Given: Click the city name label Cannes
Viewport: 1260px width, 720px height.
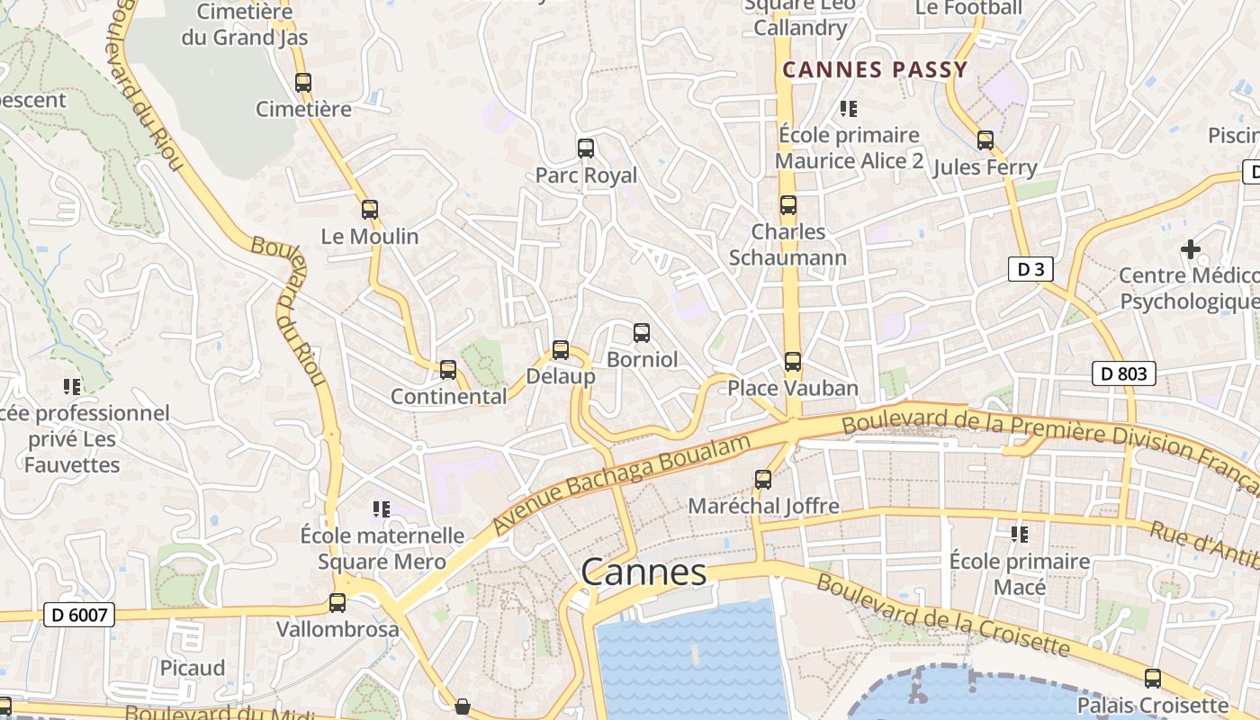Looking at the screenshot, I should [643, 572].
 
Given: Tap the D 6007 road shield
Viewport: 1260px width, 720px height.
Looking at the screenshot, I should [80, 616].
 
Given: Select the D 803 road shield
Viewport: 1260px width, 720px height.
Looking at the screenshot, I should [1124, 373].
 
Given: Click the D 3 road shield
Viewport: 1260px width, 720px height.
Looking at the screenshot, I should [1030, 269].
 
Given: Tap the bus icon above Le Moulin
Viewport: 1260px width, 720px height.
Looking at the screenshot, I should [370, 210].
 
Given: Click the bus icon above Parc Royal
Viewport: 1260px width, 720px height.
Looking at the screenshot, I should [586, 148].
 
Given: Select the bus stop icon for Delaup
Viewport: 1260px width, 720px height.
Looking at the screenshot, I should [561, 350].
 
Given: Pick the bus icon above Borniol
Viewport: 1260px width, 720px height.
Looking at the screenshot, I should [642, 333].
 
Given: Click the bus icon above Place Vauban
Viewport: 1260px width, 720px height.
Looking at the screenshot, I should [792, 362].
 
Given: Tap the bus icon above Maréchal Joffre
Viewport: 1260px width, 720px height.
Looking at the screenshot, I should [763, 480].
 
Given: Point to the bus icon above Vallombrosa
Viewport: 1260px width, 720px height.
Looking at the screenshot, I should [337, 603].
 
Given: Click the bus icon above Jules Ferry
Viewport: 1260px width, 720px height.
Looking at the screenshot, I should [985, 140].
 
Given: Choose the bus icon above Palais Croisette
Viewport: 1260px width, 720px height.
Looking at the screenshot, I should [1152, 679].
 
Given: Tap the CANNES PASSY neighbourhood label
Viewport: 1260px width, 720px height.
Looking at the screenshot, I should [875, 69].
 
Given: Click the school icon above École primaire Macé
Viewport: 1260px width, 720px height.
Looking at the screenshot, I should [1020, 535].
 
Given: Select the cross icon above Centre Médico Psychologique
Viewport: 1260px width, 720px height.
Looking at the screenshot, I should [1191, 248].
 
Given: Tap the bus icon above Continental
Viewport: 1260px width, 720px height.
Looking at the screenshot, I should [448, 370].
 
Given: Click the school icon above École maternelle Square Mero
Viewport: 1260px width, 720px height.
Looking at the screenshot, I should [382, 509].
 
